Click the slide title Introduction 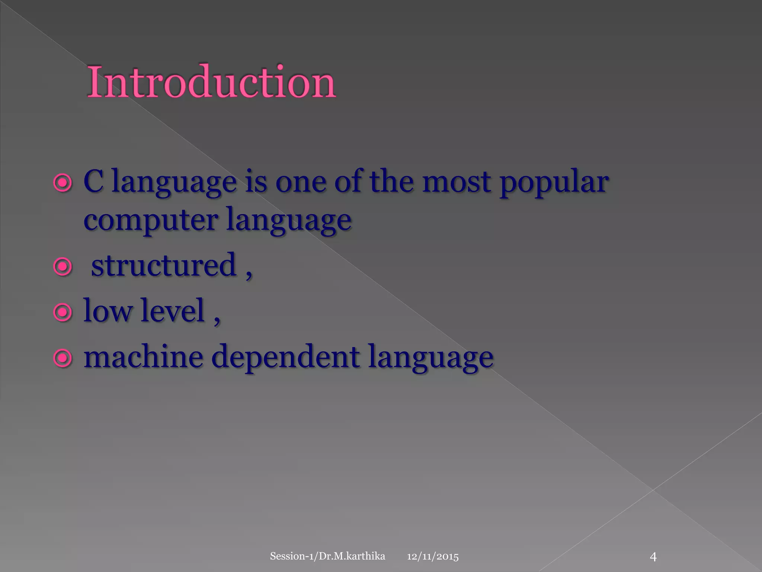[211, 82]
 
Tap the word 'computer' [151, 220]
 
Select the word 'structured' [164, 265]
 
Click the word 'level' [173, 311]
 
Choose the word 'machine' [143, 357]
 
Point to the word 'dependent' [286, 357]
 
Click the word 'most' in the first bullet [456, 182]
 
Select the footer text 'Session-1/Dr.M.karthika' [327, 556]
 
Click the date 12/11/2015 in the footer [433, 557]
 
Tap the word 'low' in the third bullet [107, 311]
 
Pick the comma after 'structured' [249, 274]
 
